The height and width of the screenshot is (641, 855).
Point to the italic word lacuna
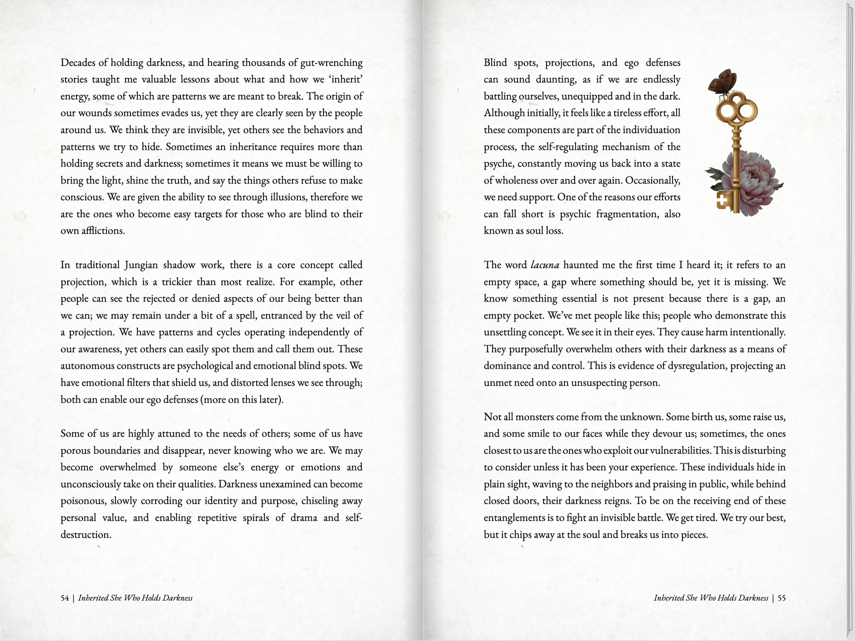545,265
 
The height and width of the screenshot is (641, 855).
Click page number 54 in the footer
65,598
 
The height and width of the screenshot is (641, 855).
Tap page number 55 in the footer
782,598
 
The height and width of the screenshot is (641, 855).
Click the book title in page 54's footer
135,598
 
